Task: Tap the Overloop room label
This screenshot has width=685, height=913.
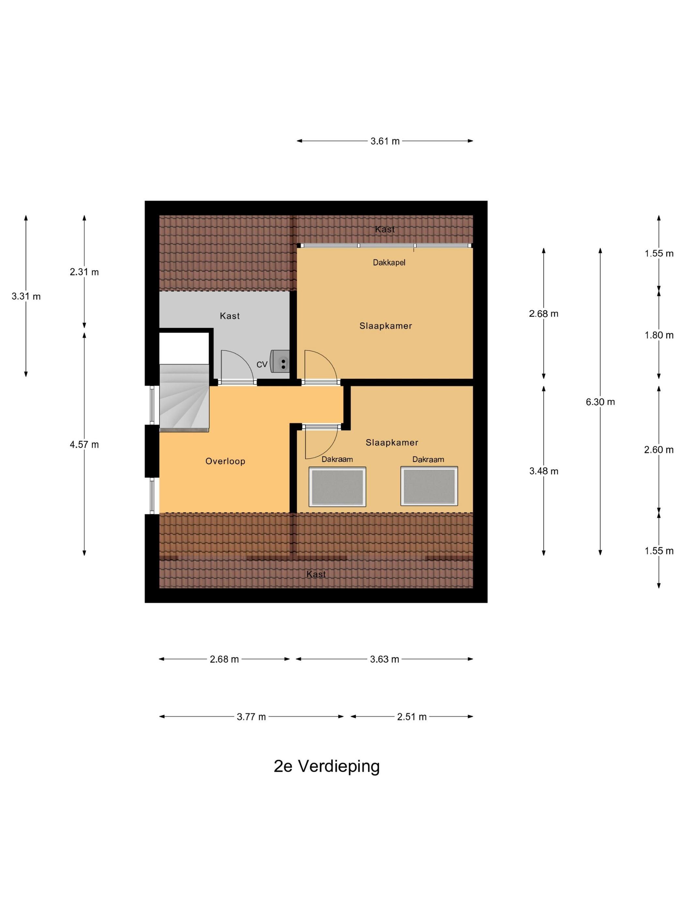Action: point(225,461)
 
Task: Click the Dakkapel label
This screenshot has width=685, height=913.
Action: point(389,262)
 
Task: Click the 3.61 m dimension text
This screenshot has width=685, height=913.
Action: point(385,141)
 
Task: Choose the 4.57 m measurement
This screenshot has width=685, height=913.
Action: point(84,444)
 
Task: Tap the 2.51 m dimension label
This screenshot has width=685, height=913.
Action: point(412,716)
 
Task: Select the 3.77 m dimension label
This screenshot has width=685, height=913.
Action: point(251,716)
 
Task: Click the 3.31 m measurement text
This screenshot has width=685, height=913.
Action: point(26,296)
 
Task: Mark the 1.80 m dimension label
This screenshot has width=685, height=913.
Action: point(659,335)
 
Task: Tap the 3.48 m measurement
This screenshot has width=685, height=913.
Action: point(544,471)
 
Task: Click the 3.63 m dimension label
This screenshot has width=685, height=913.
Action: point(384,659)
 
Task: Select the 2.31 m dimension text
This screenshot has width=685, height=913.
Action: point(84,272)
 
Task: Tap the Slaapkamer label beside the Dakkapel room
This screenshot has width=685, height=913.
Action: point(386,326)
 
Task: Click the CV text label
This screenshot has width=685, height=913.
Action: point(262,365)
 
